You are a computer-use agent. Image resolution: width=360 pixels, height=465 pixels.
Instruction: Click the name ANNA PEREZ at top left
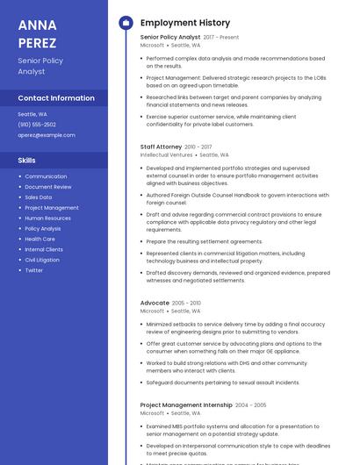(37, 33)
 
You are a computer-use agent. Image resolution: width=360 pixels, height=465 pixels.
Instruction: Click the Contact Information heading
(56, 98)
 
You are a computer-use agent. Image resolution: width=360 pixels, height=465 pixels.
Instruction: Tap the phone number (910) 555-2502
(37, 125)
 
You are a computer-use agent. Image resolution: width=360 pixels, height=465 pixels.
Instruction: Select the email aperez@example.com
(47, 135)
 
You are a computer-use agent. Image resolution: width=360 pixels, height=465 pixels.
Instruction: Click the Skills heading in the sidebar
(27, 161)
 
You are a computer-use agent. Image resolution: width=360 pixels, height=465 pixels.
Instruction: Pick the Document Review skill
(48, 187)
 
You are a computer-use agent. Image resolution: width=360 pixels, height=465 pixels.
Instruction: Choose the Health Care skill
(40, 239)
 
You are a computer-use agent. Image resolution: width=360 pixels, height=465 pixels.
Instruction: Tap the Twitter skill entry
(33, 270)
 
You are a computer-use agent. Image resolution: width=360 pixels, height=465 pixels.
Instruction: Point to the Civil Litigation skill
(42, 260)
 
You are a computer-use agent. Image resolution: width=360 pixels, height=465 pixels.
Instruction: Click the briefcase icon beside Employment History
(125, 22)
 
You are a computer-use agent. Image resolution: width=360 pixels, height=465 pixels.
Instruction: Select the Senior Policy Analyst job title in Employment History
(170, 37)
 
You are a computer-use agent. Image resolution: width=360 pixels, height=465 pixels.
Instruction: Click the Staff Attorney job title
(161, 147)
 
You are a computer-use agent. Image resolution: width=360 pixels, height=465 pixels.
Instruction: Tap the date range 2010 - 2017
(198, 147)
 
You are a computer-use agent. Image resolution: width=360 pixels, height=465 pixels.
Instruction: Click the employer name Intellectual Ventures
(166, 155)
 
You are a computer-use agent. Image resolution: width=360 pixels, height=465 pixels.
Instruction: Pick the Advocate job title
(155, 303)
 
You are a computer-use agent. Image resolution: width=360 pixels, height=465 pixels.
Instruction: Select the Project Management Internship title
(185, 405)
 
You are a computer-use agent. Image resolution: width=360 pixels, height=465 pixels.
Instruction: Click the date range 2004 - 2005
(250, 405)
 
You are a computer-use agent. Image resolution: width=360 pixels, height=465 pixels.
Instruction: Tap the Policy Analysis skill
(43, 228)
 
